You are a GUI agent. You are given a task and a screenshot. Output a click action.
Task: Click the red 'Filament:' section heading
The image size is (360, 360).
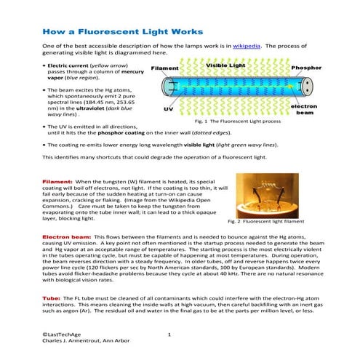point(57,180)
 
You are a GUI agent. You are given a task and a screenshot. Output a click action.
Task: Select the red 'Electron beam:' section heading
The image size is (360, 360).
point(64,237)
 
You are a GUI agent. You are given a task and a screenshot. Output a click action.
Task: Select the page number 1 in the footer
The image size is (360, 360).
point(169,334)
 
